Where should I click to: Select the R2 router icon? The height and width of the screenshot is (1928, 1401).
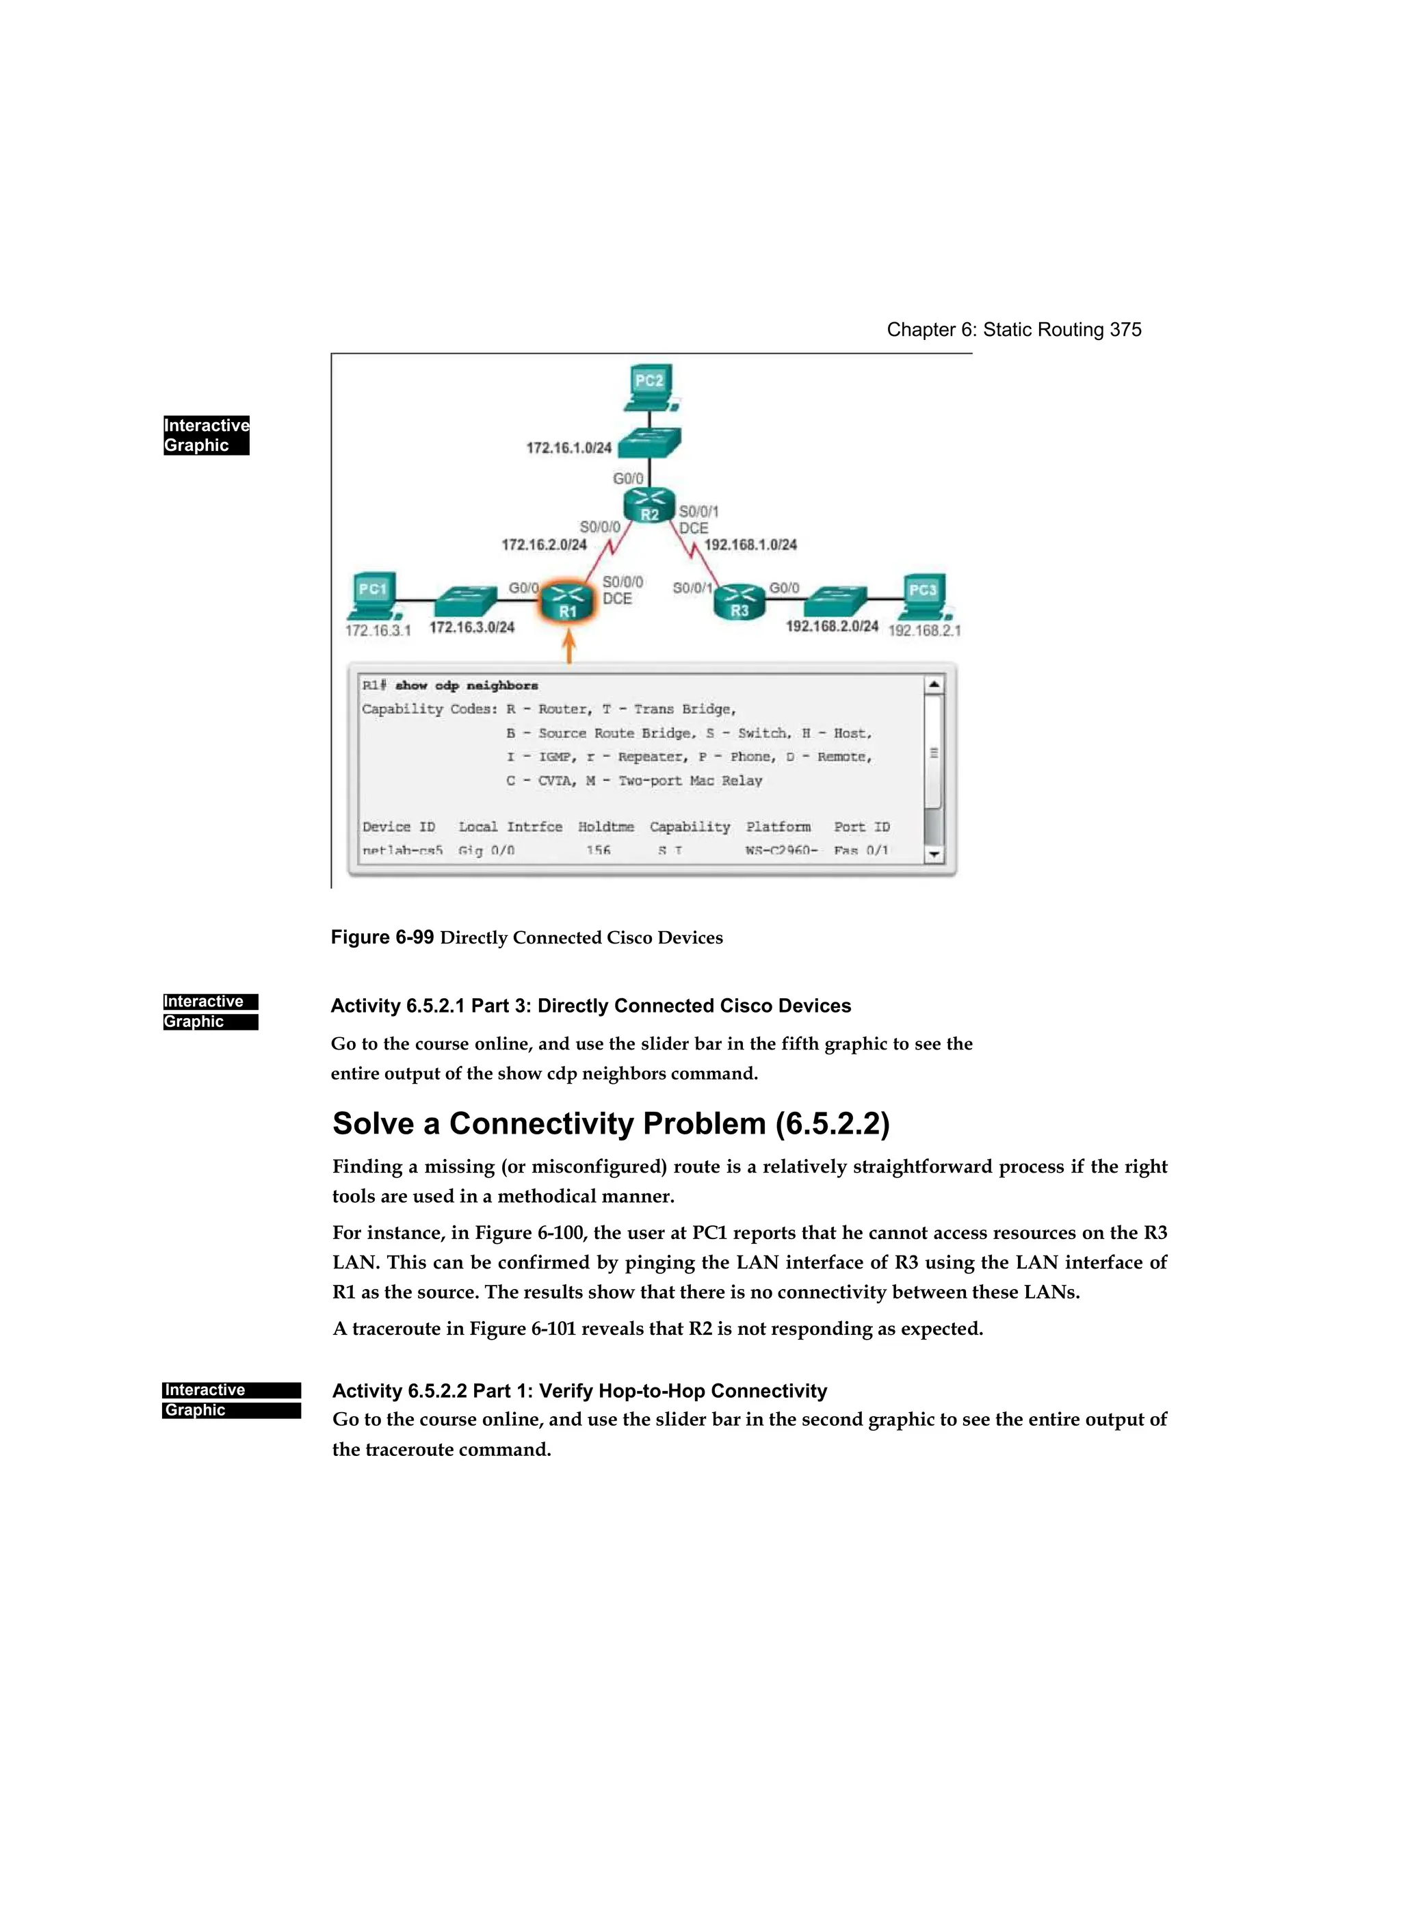coord(649,505)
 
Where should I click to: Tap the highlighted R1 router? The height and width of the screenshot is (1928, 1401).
coord(568,603)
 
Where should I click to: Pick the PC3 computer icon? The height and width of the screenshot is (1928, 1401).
coord(924,595)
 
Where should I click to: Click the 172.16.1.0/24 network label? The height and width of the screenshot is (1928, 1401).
coord(568,447)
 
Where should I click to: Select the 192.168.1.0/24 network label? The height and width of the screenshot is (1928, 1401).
coord(750,545)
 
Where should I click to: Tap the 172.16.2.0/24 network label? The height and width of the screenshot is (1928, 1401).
coord(543,545)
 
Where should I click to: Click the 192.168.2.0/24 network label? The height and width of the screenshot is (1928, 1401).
coord(831,627)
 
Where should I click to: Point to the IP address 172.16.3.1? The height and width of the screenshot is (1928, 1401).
coord(378,631)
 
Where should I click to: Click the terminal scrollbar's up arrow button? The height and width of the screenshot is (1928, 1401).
coord(934,684)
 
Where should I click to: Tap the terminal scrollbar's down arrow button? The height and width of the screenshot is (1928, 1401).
coord(934,855)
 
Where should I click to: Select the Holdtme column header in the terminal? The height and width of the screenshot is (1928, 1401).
coord(605,827)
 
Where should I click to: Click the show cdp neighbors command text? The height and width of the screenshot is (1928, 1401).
coord(466,685)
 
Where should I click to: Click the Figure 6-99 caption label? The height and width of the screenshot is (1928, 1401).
coord(382,937)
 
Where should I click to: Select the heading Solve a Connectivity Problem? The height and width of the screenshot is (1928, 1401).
coord(610,1124)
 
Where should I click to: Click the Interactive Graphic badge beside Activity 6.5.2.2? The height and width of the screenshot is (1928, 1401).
coord(231,1400)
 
